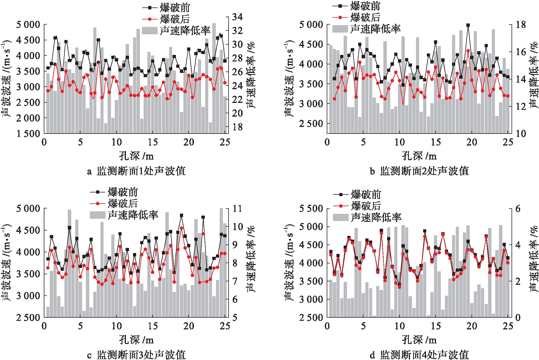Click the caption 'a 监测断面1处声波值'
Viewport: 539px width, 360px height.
point(136,171)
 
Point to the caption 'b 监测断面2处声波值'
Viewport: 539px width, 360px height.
point(419,171)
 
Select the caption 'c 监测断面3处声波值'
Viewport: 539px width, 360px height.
point(136,355)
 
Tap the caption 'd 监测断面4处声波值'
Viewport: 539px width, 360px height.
point(419,355)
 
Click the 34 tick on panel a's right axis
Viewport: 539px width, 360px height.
point(237,17)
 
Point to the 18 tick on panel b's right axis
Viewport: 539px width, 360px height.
point(521,25)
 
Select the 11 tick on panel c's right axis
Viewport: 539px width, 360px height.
point(237,208)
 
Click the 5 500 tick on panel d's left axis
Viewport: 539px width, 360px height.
point(311,208)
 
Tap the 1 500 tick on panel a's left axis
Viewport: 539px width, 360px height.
point(28,134)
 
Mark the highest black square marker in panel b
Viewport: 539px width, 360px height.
point(468,25)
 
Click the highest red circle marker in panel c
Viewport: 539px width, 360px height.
point(181,228)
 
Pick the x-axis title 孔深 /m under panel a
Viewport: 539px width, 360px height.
point(136,156)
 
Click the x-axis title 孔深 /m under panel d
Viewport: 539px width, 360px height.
point(419,340)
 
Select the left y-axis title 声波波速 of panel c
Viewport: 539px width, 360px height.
point(6,262)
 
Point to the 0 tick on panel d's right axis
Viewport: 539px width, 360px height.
point(518,317)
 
